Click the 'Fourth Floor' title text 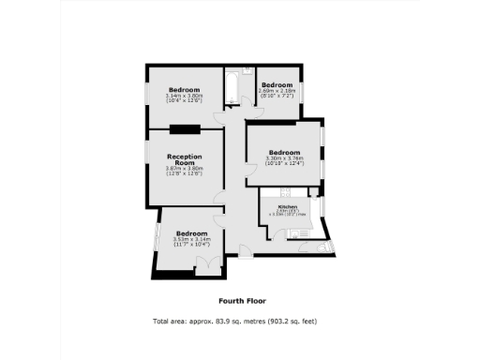tap(242, 301)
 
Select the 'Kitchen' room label tap(288, 206)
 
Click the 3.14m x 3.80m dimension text tap(184, 96)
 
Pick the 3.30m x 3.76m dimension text tap(285, 158)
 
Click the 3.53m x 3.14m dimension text tap(191, 239)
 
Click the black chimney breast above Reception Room tap(186, 127)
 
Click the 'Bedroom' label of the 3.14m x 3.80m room tap(184, 89)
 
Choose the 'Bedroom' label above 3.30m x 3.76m tap(285, 152)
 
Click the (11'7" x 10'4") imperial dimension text tap(191, 245)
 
